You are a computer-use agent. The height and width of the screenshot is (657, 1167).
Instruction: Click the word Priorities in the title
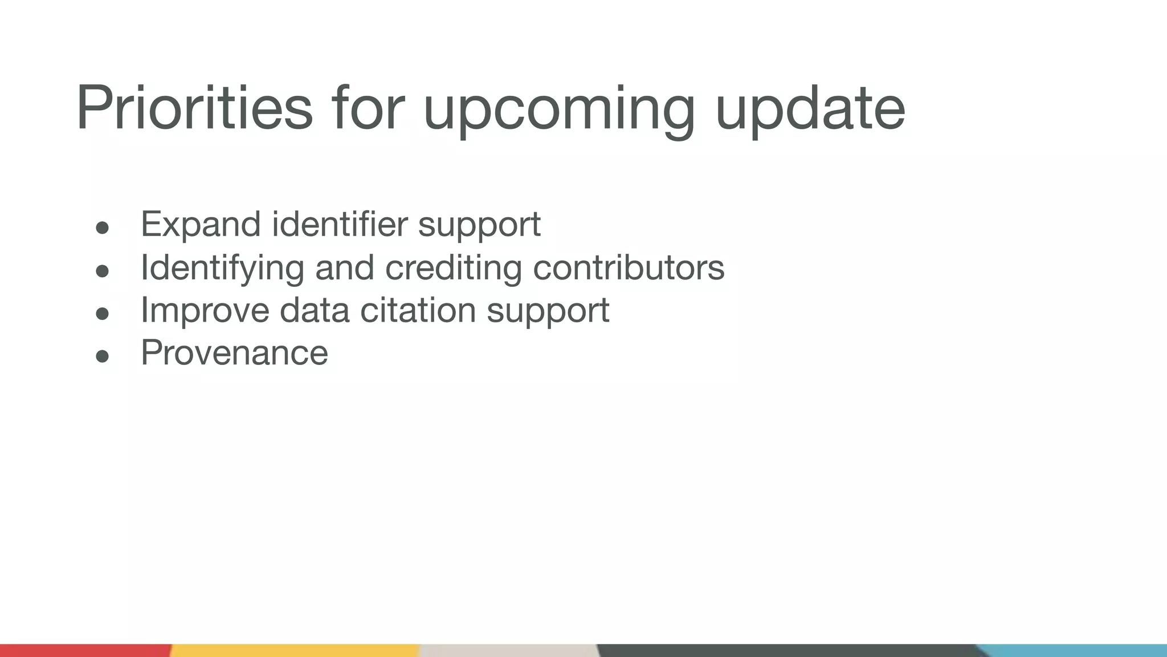[194, 108]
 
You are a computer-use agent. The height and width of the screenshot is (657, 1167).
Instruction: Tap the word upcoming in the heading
[559, 111]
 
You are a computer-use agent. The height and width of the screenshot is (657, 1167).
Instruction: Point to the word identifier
[340, 224]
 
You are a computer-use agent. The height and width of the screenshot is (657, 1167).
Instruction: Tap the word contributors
[629, 267]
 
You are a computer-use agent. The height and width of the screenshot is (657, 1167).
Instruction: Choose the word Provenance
[234, 352]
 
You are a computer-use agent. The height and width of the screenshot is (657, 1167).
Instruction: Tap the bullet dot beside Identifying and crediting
[103, 271]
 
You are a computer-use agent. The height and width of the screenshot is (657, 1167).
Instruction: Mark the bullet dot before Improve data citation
[103, 314]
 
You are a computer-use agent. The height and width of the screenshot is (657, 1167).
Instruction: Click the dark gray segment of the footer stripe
[786, 650]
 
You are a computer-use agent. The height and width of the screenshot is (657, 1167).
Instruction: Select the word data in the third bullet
[313, 310]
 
